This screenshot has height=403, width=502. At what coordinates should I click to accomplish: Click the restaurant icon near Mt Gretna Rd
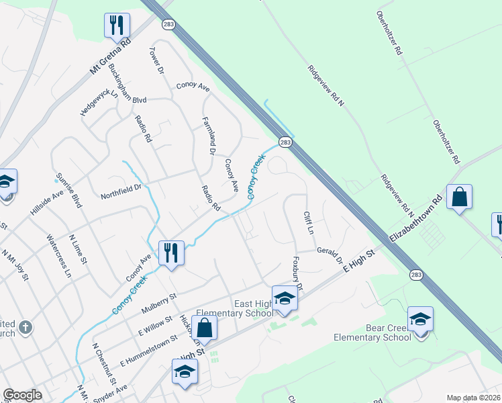pyautogui.click(x=117, y=26)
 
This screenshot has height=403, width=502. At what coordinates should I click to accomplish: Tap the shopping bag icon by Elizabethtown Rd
pyautogui.click(x=459, y=197)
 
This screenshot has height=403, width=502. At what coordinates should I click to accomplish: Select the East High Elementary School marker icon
pyautogui.click(x=285, y=298)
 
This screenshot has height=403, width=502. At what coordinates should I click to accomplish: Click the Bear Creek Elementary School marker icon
pyautogui.click(x=420, y=319)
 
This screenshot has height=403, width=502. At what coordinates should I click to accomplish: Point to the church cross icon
pyautogui.click(x=25, y=327)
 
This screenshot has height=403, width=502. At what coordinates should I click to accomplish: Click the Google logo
pyautogui.click(x=22, y=395)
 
